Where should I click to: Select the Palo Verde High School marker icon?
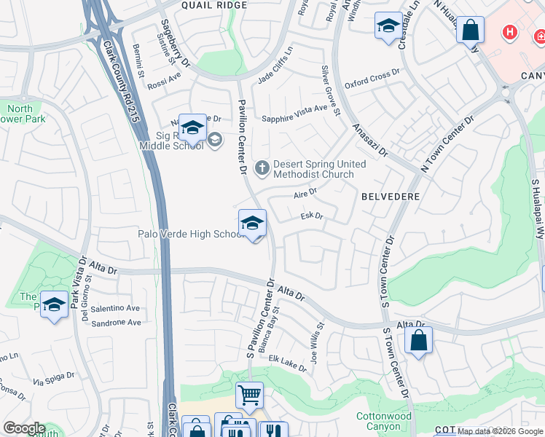tap(252, 223)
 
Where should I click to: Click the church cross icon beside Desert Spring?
tap(262, 169)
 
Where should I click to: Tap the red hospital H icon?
tap(511, 33)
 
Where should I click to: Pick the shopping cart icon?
tap(249, 395)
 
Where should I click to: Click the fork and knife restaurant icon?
tap(273, 431)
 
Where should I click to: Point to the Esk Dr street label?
tap(311, 216)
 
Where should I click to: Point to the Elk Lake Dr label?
tap(288, 363)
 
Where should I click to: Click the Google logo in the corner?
tap(23, 428)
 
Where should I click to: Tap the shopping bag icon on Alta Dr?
tap(418, 340)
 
